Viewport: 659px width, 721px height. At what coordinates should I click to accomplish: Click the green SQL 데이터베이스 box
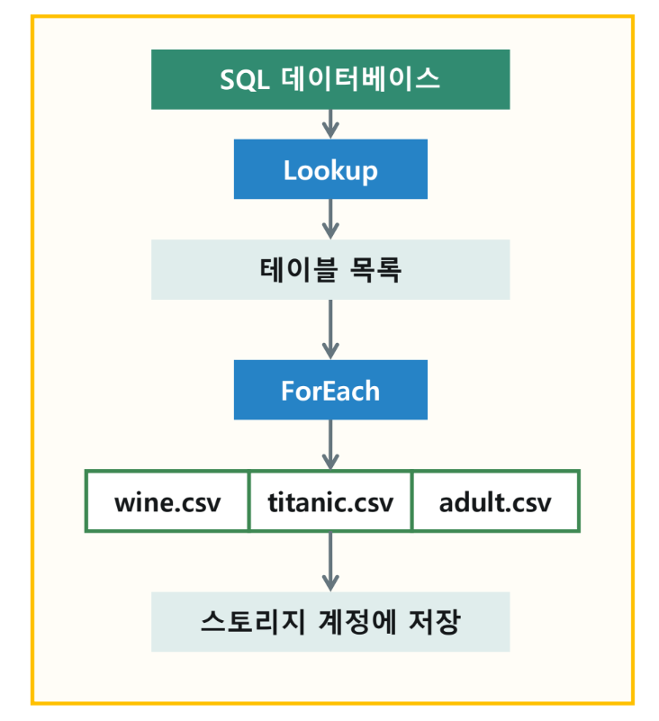[x=329, y=79]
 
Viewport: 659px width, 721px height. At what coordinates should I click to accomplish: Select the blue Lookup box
[x=329, y=169]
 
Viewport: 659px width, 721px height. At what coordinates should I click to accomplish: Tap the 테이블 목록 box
[x=329, y=269]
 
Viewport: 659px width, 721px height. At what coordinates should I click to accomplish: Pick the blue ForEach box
[x=329, y=390]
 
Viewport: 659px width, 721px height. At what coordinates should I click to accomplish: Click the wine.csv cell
[x=167, y=500]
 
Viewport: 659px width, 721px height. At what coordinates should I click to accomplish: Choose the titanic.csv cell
[x=330, y=500]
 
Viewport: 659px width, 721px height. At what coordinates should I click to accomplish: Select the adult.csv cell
[x=495, y=500]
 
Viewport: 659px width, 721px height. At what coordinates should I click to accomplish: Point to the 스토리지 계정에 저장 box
[x=329, y=621]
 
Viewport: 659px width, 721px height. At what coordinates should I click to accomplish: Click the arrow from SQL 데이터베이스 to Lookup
[x=330, y=124]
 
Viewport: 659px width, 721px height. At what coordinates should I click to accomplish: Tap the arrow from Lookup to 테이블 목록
[x=330, y=218]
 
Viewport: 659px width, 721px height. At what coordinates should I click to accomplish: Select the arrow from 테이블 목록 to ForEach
[x=330, y=329]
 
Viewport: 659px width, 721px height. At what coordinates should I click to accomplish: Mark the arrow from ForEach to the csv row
[x=330, y=445]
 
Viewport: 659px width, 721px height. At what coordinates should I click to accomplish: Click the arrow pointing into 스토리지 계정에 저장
[x=330, y=562]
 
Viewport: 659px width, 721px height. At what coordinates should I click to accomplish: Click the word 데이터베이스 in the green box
[x=359, y=79]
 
